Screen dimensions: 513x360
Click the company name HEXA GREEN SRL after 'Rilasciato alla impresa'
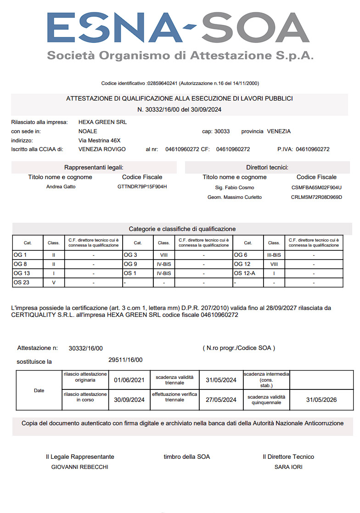[x=102, y=122]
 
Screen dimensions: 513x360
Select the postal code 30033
[x=222, y=131]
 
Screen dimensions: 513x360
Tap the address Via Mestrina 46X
[x=100, y=141]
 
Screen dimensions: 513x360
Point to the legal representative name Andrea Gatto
[x=61, y=187]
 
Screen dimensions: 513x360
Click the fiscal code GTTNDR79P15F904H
[x=142, y=187]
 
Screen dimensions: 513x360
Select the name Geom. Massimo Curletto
[x=235, y=197]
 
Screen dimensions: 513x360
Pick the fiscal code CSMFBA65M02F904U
[x=316, y=187]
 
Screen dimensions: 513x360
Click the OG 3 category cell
[x=131, y=255]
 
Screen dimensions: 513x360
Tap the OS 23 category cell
[x=22, y=282]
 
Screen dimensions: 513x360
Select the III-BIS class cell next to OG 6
[x=274, y=255]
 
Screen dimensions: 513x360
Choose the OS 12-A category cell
[x=245, y=273]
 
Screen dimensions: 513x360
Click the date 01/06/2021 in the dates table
[x=129, y=380]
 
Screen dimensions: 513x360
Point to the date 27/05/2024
[x=221, y=400]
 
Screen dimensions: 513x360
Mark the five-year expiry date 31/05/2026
[x=321, y=400]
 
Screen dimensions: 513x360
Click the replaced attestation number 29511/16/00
[x=125, y=360]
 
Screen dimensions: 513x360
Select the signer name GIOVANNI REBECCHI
[x=80, y=467]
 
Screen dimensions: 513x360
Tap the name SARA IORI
[x=288, y=467]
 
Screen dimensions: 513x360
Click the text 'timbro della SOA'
[x=186, y=457]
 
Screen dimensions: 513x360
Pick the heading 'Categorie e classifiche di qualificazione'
[x=182, y=229]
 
